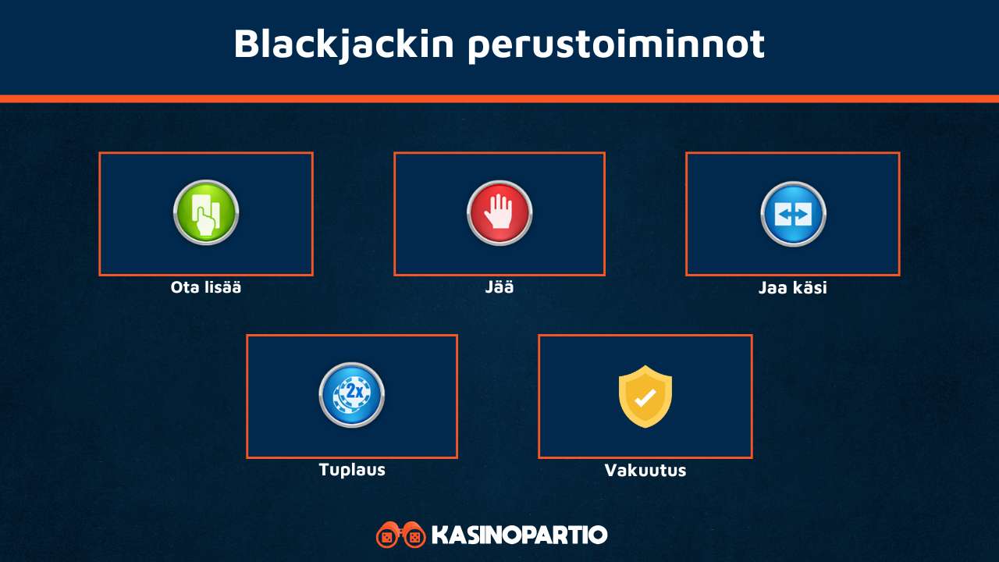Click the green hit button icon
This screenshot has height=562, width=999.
tap(206, 213)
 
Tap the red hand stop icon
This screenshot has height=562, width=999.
tap(499, 213)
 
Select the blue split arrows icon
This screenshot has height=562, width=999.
tap(793, 214)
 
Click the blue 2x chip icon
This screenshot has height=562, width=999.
tap(352, 395)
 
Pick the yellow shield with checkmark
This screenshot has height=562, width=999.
tap(645, 396)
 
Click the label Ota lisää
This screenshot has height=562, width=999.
tap(206, 287)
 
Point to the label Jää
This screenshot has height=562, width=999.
tap(499, 287)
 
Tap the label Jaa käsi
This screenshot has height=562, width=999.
tap(793, 288)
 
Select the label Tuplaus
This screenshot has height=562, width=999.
tap(352, 470)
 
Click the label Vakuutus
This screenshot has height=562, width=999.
tap(645, 471)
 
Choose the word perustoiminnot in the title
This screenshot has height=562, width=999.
tap(617, 44)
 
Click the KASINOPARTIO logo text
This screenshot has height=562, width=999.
tap(519, 535)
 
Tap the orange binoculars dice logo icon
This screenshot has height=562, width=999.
tap(400, 535)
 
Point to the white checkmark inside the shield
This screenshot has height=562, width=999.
tap(645, 398)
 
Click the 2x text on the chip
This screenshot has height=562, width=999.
tap(355, 390)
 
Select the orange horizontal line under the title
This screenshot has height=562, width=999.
tap(499, 99)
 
